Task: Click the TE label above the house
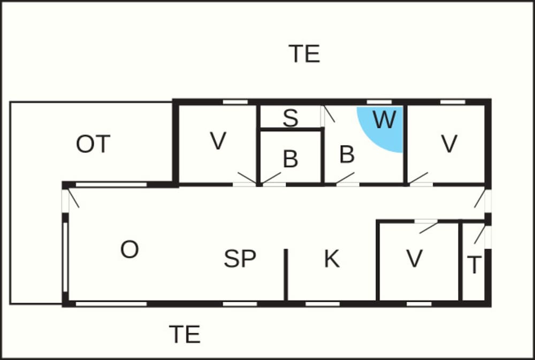point(304,53)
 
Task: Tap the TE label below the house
point(185,334)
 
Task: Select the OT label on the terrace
point(93,144)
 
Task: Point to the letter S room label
point(291,118)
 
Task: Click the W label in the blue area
point(384,119)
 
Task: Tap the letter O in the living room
point(129,249)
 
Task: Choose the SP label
point(240,258)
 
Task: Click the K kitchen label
point(332,259)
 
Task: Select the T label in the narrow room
point(474,265)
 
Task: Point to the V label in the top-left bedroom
point(218,141)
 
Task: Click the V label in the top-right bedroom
point(449,143)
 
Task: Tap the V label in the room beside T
point(415,258)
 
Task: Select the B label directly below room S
point(291,159)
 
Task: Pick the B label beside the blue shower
point(347,154)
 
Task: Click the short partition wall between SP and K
point(286,275)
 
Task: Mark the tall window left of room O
point(65,257)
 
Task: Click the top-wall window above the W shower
point(379,102)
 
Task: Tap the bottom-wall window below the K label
point(323,304)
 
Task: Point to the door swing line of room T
point(480,234)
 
